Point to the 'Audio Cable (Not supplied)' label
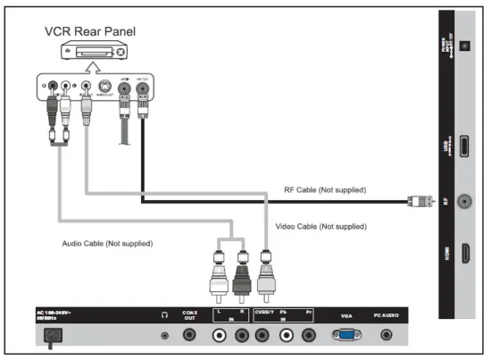click(x=106, y=243)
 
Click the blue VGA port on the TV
click(x=346, y=335)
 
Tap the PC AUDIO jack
click(x=386, y=335)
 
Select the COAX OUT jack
click(x=189, y=335)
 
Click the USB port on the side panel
click(x=464, y=146)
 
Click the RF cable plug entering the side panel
click(x=417, y=201)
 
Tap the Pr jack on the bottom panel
click(x=309, y=335)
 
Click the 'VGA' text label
click(x=346, y=315)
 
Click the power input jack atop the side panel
click(x=464, y=46)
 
